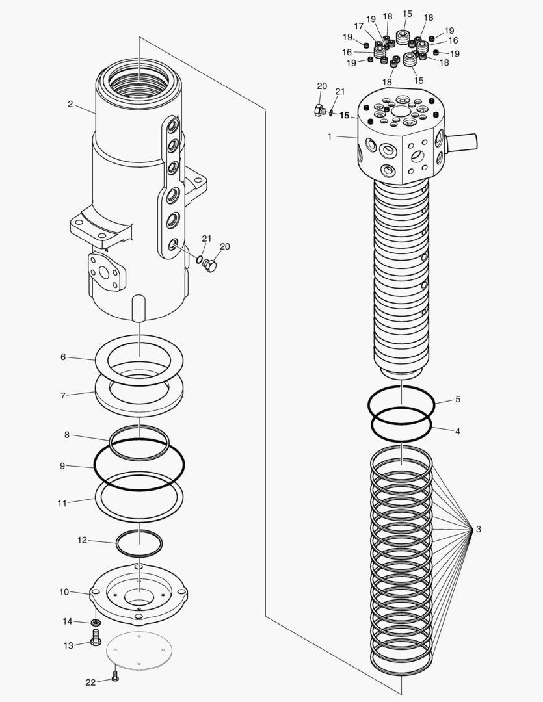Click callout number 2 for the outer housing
click(x=70, y=104)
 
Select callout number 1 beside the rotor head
click(x=330, y=136)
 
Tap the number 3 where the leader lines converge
click(x=479, y=530)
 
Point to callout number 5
click(x=458, y=399)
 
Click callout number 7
click(x=63, y=395)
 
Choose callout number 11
click(x=62, y=502)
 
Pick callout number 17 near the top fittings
click(x=358, y=26)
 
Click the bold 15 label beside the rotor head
click(x=345, y=116)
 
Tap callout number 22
click(x=90, y=682)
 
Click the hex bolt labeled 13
click(x=96, y=641)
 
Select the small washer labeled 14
click(x=96, y=623)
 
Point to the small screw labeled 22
click(x=115, y=677)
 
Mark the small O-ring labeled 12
click(x=139, y=543)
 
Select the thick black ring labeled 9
click(x=139, y=464)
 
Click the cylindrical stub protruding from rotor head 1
click(x=462, y=140)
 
